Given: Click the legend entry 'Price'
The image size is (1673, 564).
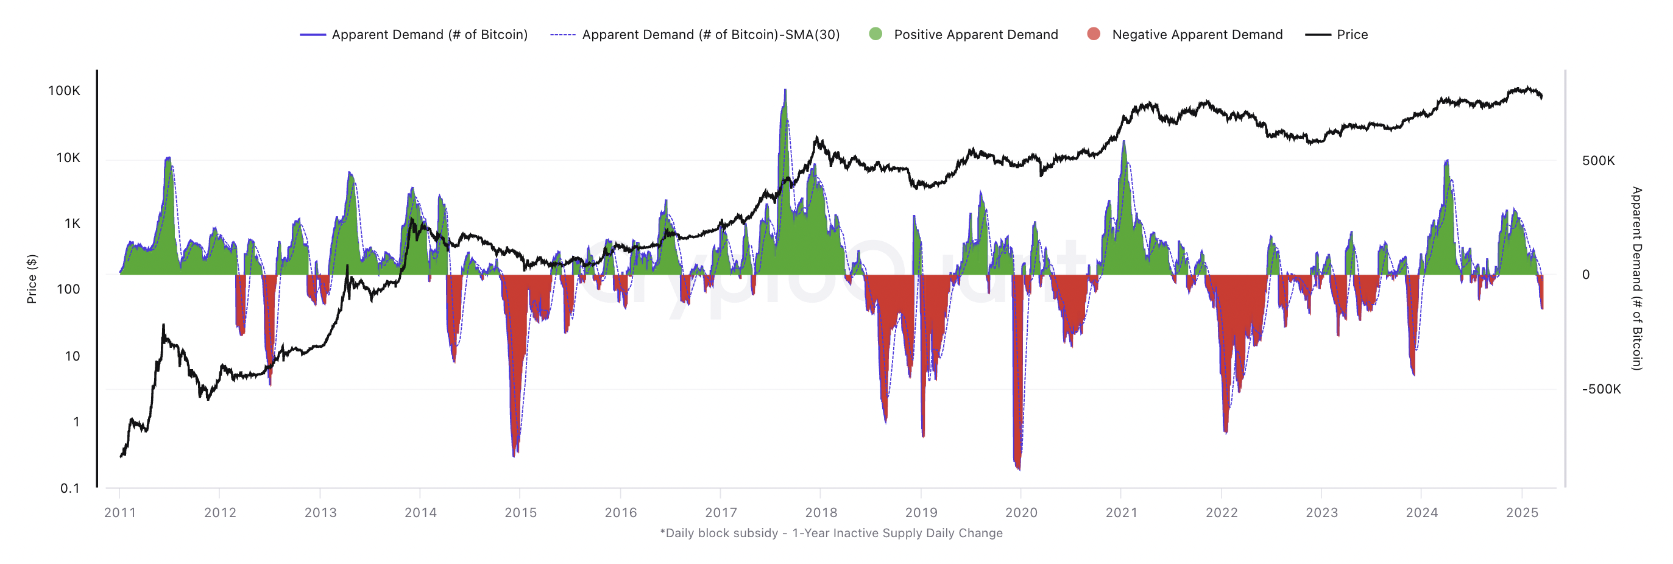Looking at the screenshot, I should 1351,34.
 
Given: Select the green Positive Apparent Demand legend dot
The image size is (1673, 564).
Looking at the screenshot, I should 875,34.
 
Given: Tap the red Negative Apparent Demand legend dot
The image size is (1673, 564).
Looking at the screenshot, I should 1094,34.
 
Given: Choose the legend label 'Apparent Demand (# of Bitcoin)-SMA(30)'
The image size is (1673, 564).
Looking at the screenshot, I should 710,34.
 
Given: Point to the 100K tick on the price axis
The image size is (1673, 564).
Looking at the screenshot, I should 65,91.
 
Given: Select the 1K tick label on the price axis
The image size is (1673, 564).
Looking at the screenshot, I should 72,224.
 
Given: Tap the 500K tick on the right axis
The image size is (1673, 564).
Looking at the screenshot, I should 1598,161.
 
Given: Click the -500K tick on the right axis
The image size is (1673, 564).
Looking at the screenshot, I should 1601,389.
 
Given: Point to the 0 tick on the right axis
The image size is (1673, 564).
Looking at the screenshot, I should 1585,275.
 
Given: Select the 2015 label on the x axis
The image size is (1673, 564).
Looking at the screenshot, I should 520,513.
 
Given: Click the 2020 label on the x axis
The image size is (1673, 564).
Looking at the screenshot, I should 1021,513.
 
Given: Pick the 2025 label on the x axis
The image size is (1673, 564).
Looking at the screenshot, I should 1522,513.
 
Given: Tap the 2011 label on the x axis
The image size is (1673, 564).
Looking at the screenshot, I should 120,513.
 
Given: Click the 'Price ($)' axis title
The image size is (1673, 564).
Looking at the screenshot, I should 32,279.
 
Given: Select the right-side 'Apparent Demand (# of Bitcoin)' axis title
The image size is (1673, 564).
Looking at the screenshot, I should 1636,279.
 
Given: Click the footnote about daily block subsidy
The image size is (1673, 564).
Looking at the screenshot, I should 830,534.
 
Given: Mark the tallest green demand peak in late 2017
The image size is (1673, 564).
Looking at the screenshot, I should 785,91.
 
